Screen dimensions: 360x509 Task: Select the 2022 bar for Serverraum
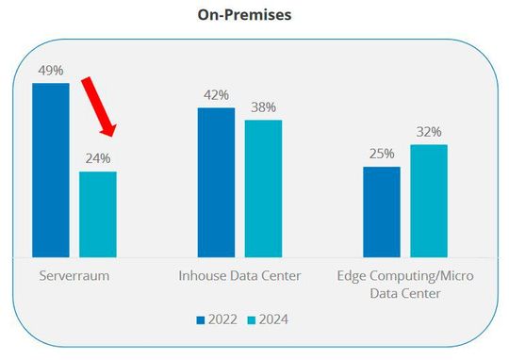point(51,170)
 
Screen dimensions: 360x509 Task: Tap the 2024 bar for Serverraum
point(98,214)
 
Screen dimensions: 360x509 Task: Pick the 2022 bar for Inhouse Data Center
point(216,182)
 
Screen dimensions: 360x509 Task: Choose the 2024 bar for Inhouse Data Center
point(263,188)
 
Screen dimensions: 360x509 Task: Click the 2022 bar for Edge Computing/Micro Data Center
point(382,211)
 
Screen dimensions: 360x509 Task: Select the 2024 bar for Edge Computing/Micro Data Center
point(429,200)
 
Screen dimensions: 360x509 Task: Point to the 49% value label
point(51,71)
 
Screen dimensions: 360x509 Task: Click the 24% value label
point(98,158)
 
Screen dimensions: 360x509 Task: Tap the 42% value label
point(216,95)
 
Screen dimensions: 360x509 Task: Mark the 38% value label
point(263,106)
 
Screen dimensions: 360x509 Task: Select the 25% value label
point(382,154)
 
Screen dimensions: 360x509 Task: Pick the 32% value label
point(429,132)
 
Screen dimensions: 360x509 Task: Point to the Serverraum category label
point(74,275)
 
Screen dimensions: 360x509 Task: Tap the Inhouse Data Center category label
point(239,275)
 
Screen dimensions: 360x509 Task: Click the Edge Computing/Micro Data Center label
point(405,284)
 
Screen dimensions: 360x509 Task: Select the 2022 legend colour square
point(201,320)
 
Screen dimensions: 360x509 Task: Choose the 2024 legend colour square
point(252,320)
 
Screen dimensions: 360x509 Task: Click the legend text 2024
point(273,320)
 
